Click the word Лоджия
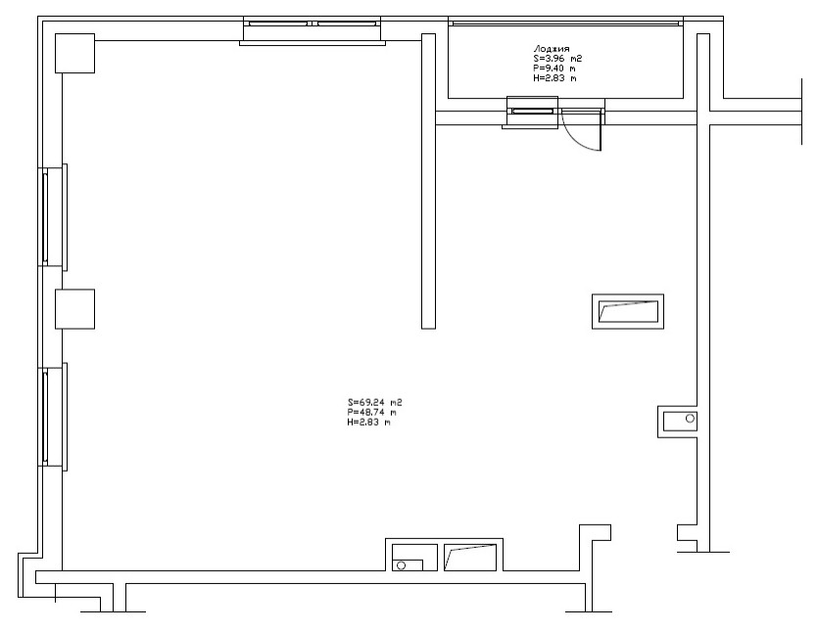pos(551,47)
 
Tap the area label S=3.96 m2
pos(557,58)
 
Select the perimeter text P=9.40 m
pos(553,68)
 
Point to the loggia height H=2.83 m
pos(553,78)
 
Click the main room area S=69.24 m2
pos(375,402)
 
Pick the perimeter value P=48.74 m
pos(371,412)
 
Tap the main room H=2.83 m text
pos(368,423)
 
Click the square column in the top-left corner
pos(74,52)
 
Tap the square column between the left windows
pos(74,308)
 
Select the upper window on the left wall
pos(46,216)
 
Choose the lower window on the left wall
pos(46,415)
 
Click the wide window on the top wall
pos(313,23)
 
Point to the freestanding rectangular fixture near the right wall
pos(629,312)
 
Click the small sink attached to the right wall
pos(679,421)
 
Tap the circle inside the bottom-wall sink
pos(401,565)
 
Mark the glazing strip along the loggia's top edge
pos(564,21)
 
